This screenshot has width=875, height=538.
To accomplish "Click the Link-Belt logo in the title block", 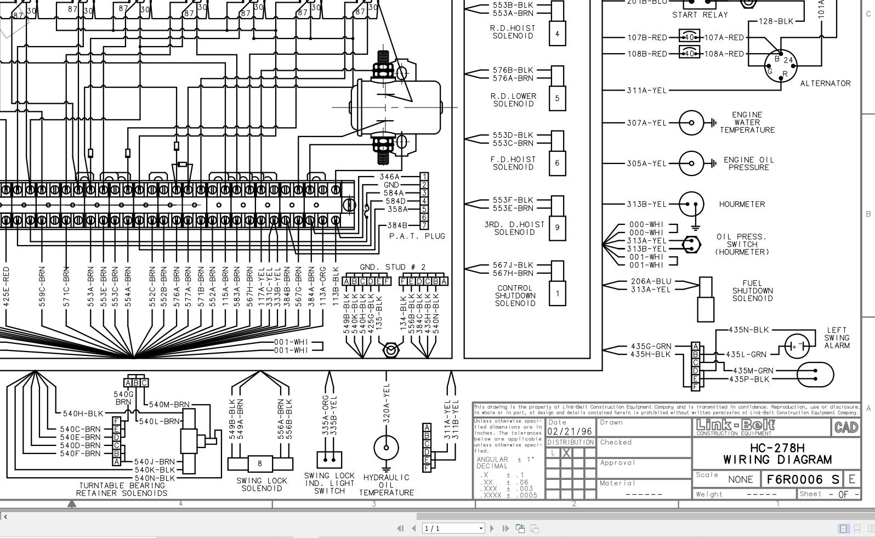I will coord(735,426).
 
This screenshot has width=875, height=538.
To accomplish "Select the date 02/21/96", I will coord(570,431).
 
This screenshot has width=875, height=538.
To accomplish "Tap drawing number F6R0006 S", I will coord(803,479).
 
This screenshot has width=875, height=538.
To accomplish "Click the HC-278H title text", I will coord(777,448).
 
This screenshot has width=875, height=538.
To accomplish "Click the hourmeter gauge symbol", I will coord(691,204).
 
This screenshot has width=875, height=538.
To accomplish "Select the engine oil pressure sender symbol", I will coord(691,163).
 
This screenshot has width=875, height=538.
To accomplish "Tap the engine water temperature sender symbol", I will coord(691,123).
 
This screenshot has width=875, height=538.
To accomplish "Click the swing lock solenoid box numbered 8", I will coord(259,463).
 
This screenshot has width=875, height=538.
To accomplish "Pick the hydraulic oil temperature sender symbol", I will coord(386,448).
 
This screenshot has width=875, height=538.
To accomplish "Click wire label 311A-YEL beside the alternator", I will coord(647,90).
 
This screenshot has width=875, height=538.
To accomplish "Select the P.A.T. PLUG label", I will coord(417,236).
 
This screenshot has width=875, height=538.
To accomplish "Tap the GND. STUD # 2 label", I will coord(393,267).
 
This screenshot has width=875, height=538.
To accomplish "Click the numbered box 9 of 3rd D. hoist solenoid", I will coord(557,227).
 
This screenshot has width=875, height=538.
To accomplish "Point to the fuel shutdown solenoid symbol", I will coord(705,299).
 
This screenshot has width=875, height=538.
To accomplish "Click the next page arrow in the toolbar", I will coord(492,528).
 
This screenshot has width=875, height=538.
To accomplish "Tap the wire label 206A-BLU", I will coord(651,281).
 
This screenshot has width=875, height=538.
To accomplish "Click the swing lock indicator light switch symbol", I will coord(329,460).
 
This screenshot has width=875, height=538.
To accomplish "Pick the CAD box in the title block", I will coord(845,427).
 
